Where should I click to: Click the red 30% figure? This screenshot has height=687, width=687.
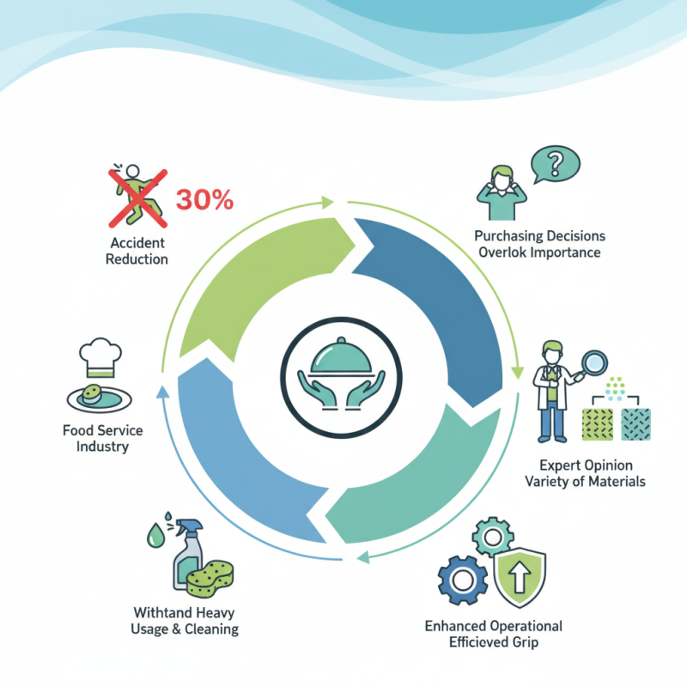point(204,199)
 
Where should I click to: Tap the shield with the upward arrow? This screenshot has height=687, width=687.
point(522,576)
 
